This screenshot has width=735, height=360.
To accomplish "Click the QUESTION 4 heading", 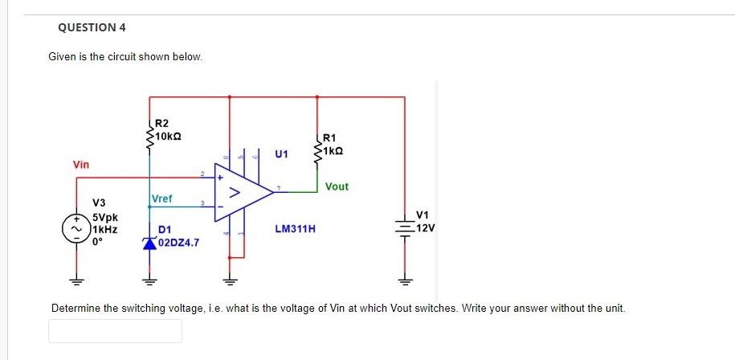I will (92, 27).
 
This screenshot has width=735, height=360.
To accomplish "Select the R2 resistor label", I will (161, 123).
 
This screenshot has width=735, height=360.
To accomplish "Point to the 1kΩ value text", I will (334, 150).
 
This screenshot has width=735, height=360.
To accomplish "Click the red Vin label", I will (81, 164).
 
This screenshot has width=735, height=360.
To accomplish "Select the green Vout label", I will (337, 186).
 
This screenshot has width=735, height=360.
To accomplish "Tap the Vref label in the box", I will (161, 198).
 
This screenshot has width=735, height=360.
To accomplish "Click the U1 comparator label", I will (281, 153).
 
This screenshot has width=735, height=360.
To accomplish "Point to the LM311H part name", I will (295, 229).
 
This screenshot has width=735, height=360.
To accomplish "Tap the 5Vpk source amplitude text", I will (106, 217).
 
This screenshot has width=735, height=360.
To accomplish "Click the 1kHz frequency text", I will (105, 228).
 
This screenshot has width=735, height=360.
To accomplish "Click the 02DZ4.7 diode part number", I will (179, 241).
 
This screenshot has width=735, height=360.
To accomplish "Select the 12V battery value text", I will (426, 227).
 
